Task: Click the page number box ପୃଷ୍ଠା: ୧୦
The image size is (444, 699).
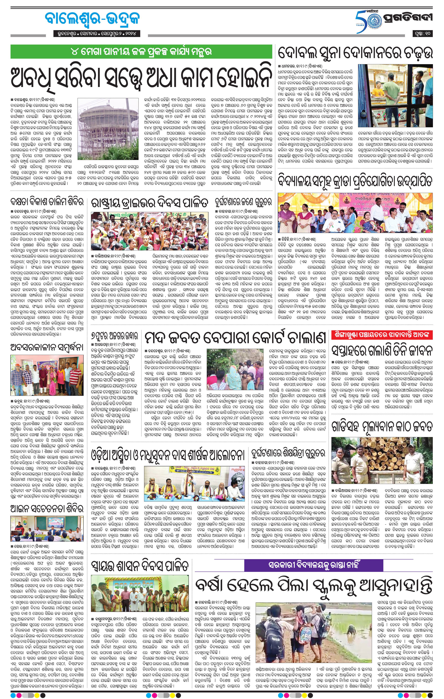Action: pyautogui.click(x=423, y=34)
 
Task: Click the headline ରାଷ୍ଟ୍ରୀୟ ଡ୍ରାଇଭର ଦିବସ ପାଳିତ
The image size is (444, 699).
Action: pyautogui.click(x=150, y=202)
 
